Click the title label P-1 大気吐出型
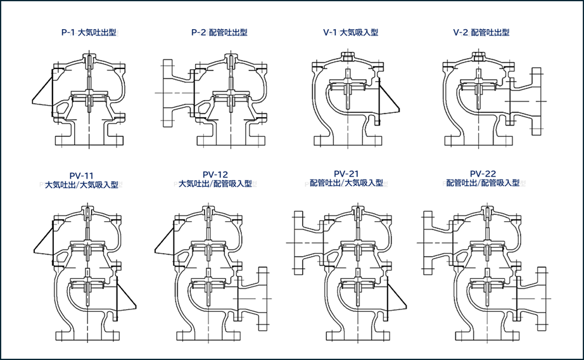(89, 32)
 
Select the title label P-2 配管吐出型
(219, 32)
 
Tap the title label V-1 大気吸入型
(350, 32)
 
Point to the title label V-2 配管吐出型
(481, 32)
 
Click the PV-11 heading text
(82, 176)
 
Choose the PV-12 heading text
(215, 174)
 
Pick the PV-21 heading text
(346, 174)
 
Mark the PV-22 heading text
(483, 174)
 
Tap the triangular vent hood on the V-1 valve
(388, 99)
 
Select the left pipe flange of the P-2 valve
(168, 93)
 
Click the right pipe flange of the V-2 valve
(536, 101)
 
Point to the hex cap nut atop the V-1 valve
(347, 56)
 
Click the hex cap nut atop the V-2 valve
(478, 56)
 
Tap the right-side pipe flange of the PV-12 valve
(263, 299)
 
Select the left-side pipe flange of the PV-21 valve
(299, 243)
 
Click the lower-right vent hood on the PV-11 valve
(126, 296)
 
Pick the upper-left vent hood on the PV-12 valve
(165, 242)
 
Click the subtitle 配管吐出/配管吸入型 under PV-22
(483, 183)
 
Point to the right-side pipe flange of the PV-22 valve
(541, 299)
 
